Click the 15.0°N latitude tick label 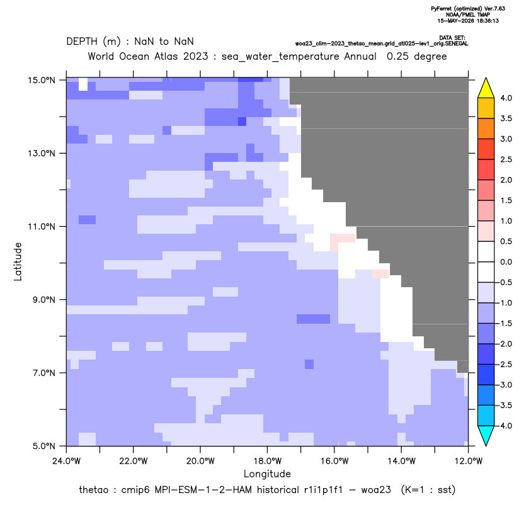[42, 80]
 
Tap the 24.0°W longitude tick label [67, 461]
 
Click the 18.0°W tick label [267, 461]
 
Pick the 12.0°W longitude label [468, 461]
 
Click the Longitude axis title [267, 474]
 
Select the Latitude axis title [18, 261]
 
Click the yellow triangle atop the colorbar [486, 89]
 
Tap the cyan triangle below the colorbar [486, 435]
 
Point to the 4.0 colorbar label [506, 98]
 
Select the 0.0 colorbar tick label [506, 262]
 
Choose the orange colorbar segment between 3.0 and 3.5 [486, 128]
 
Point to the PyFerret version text [468, 9]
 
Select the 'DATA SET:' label [452, 38]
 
